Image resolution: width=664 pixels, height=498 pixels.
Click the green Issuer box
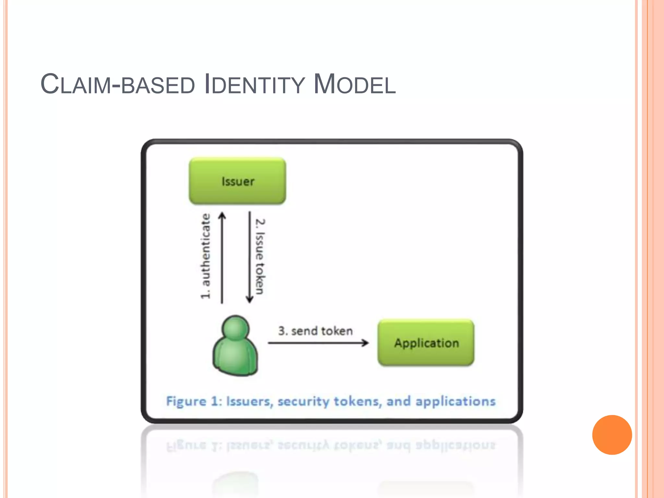coord(237,181)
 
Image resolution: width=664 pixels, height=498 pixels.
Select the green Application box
coord(426,343)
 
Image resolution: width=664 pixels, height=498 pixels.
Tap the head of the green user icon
coord(236,328)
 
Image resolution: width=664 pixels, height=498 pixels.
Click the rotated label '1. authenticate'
coord(205,256)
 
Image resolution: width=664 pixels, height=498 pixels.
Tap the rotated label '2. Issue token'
coord(260,256)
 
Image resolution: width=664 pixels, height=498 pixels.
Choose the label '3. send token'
coord(315,331)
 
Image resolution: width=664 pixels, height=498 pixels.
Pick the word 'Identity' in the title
coord(255,85)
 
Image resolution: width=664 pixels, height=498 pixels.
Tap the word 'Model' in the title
coord(355,85)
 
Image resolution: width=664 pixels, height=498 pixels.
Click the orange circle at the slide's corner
coord(612,435)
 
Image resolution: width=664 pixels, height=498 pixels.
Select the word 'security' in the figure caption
coord(303,401)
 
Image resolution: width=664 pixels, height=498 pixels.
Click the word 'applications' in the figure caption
coord(456,401)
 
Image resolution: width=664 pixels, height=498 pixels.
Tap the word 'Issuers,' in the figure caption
coord(250,401)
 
